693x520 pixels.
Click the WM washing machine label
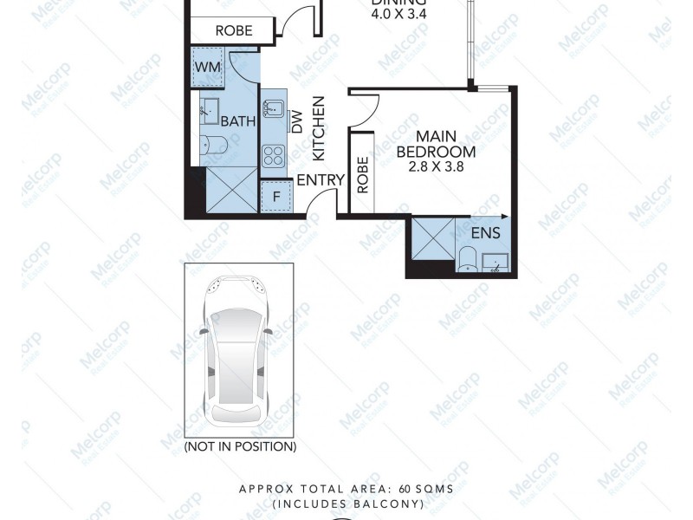coord(206,67)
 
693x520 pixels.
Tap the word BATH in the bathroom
coord(237,121)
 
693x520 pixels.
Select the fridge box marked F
coord(275,196)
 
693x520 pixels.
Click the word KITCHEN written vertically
coord(318,127)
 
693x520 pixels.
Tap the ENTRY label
coord(317,180)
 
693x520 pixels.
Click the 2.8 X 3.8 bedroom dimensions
coord(437,168)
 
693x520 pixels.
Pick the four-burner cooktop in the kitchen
coord(274,155)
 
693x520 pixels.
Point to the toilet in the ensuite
coord(466,257)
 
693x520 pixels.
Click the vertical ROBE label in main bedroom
coord(362,173)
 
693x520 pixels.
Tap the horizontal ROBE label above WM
coord(233,30)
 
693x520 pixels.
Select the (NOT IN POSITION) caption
coord(240,446)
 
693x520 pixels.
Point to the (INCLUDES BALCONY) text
coord(346,503)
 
